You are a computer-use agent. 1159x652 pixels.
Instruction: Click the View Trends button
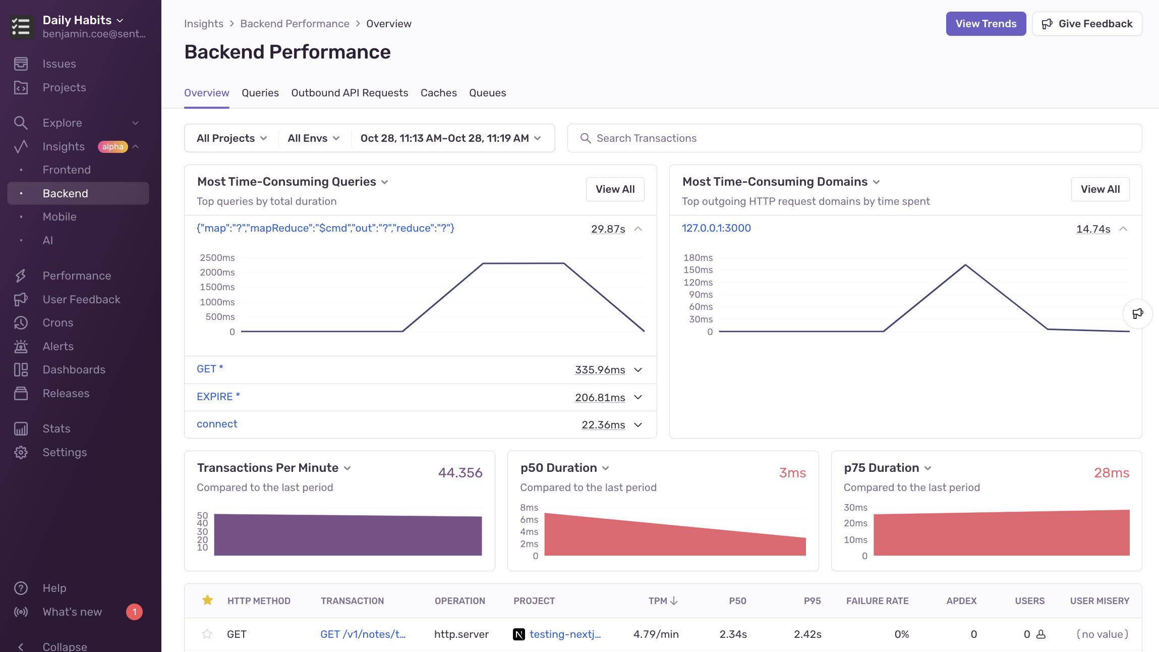coord(986,24)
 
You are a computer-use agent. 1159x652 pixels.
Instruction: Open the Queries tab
coord(260,93)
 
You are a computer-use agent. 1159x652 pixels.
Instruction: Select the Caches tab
coord(438,93)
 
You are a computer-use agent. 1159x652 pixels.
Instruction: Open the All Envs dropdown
coord(313,138)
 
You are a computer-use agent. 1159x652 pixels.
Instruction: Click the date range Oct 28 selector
coord(450,138)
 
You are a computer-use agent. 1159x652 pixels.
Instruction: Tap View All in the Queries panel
coord(615,189)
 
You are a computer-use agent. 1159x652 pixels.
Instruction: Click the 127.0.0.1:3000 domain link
coord(716,228)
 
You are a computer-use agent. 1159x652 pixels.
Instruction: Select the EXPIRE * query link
coord(218,397)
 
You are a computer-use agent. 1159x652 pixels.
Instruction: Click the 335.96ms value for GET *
coord(600,370)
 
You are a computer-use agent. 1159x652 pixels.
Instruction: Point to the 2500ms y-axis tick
coord(217,258)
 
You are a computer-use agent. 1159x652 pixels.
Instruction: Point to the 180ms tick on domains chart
coord(698,258)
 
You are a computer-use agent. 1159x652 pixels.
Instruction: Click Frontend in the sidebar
coord(67,170)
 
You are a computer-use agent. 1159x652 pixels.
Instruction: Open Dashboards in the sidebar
coord(74,370)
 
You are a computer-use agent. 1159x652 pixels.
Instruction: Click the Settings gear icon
coord(21,453)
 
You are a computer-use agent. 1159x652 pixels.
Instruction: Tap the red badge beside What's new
coord(134,612)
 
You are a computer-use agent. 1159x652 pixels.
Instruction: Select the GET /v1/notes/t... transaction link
coord(363,634)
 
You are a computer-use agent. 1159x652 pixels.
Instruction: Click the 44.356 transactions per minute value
coord(460,473)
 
